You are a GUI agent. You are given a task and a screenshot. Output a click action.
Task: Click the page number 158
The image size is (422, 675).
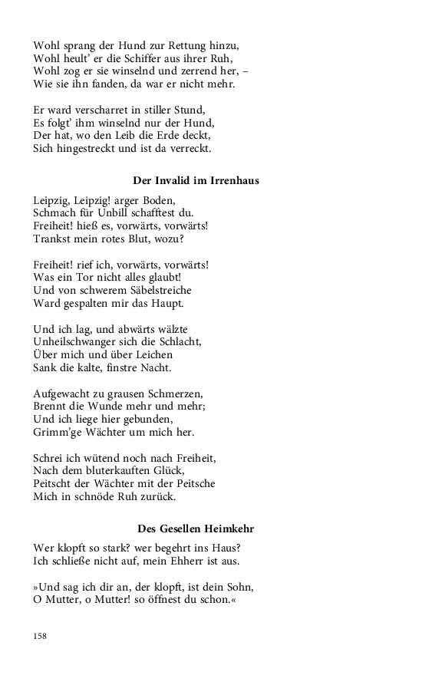[40, 636]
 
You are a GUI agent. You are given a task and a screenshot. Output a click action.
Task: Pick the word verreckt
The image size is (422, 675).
[187, 148]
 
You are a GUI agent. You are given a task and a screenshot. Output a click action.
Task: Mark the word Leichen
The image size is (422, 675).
[150, 355]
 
